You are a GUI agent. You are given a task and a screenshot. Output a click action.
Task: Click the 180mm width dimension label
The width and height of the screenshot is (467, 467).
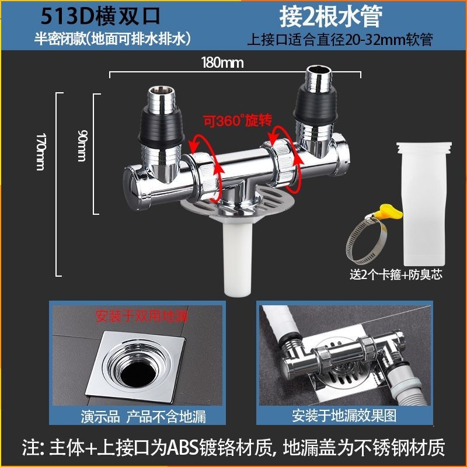pyautogui.click(x=222, y=63)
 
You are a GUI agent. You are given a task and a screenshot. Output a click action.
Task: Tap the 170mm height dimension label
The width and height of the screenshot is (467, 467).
pyautogui.click(x=40, y=151)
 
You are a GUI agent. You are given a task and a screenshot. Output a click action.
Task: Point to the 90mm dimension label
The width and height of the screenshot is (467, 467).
pyautogui.click(x=82, y=145)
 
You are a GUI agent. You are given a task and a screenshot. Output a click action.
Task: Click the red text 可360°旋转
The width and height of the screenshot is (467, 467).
pyautogui.click(x=238, y=120)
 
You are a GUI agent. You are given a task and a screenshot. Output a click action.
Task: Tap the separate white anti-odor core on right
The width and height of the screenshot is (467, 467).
pyautogui.click(x=424, y=203)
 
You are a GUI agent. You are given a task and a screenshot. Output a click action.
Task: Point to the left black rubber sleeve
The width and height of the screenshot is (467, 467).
pyautogui.click(x=162, y=127)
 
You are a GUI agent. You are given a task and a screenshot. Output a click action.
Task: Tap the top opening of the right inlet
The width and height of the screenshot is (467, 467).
pyautogui.click(x=318, y=70)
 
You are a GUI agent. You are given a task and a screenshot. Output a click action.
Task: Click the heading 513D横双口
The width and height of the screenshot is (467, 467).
pyautogui.click(x=100, y=16)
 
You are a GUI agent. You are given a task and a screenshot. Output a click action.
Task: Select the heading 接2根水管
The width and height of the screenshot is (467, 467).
pyautogui.click(x=330, y=17)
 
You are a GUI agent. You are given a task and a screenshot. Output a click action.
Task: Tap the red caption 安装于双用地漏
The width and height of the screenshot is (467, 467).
pyautogui.click(x=141, y=316)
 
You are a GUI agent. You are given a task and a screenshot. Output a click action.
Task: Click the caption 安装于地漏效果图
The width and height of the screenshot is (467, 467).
pyautogui.click(x=344, y=415)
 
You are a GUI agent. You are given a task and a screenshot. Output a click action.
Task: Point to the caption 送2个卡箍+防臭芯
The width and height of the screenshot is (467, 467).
pyautogui.click(x=396, y=274)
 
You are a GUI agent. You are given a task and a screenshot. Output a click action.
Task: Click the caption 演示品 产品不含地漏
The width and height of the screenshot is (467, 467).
pyautogui.click(x=143, y=417)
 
